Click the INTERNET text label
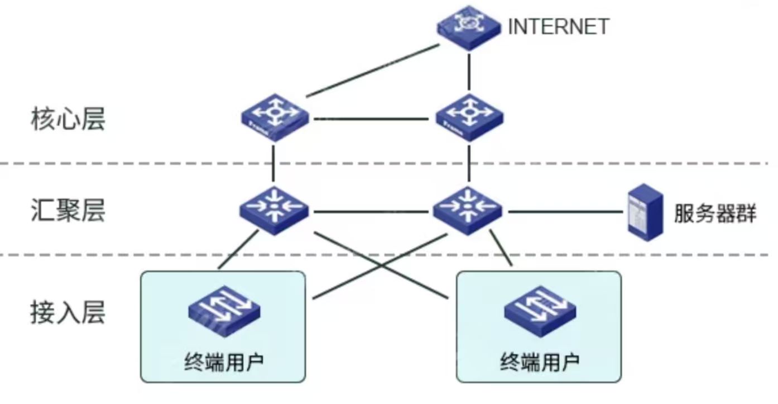pos(558,26)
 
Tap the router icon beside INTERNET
pos(468,26)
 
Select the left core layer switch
pos(275,116)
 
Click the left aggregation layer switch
pos(274,210)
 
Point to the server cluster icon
pos(645,212)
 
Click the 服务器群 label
pos(715,213)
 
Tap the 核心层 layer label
pos(68,120)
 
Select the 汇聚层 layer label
pos(68,212)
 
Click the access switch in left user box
pos(224,310)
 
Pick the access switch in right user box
pos(540,310)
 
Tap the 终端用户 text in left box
pos(224,362)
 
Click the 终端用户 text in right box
pos(540,362)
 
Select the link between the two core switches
pos(371,118)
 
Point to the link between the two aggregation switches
pos(371,212)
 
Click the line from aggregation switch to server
pos(564,212)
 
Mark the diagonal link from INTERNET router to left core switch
pos(371,70)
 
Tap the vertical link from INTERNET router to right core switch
pos(469,70)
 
